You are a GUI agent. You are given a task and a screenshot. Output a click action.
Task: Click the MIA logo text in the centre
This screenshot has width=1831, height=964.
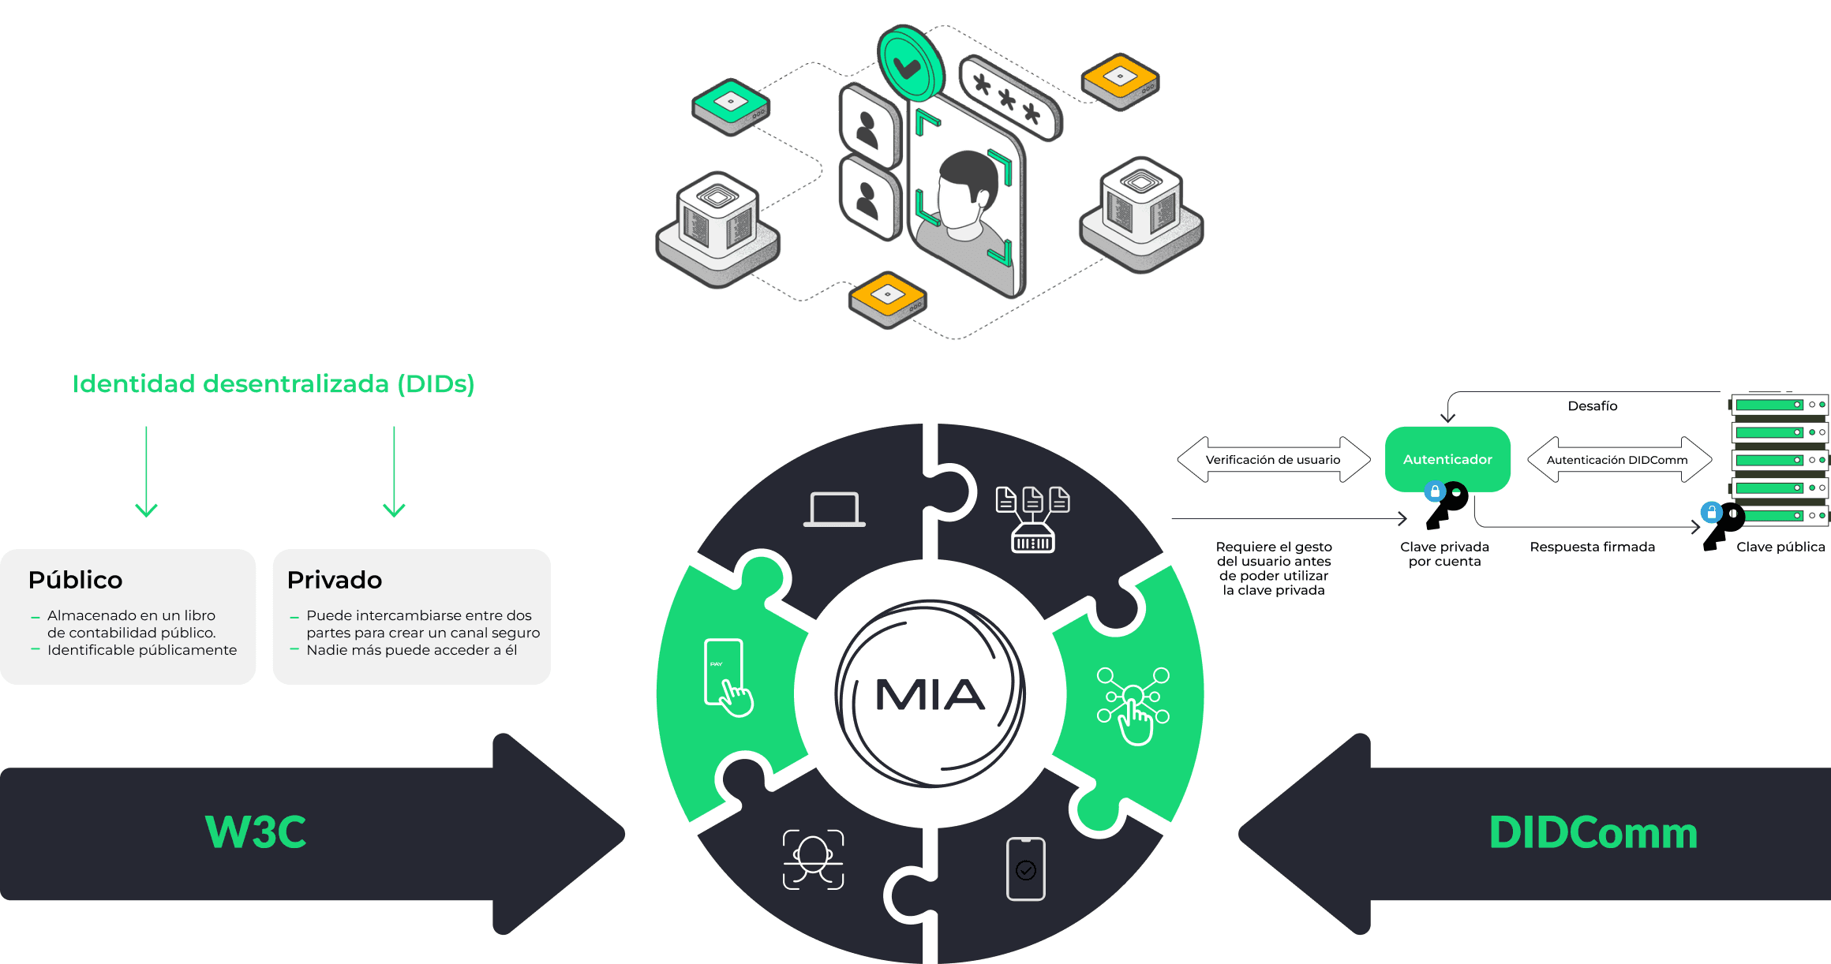tap(930, 695)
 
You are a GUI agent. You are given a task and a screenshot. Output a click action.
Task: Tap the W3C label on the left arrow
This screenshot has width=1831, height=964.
tap(256, 832)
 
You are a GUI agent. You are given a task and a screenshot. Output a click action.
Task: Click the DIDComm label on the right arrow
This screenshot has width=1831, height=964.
tap(1593, 832)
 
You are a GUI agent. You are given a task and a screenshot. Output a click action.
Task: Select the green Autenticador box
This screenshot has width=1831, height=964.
tap(1447, 459)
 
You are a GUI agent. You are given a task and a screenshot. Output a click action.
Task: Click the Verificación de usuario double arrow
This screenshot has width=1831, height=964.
tap(1273, 459)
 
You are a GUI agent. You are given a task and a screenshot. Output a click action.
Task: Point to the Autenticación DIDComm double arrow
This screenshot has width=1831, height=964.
tap(1618, 459)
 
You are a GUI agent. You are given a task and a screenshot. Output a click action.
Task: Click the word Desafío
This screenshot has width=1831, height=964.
tap(1592, 405)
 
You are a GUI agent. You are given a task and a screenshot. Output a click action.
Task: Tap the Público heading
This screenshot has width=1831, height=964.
tap(76, 580)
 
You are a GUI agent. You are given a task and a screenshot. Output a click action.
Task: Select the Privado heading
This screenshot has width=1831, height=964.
tap(335, 580)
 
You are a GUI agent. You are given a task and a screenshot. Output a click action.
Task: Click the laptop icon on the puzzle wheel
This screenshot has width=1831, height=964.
tap(834, 510)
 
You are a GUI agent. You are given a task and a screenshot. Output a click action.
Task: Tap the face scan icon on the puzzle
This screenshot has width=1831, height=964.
tap(813, 859)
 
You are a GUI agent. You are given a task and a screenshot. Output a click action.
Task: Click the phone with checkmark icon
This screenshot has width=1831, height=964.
tap(1025, 869)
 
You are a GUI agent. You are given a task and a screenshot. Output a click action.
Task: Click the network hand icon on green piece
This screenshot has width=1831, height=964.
tap(1133, 705)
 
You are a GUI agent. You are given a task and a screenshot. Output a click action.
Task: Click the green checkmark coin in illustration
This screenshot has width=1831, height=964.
tap(910, 65)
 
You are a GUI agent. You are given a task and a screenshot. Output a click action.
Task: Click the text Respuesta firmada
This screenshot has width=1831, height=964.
tap(1592, 547)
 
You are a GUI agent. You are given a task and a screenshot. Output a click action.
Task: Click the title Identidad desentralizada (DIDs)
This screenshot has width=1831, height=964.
tap(273, 383)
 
